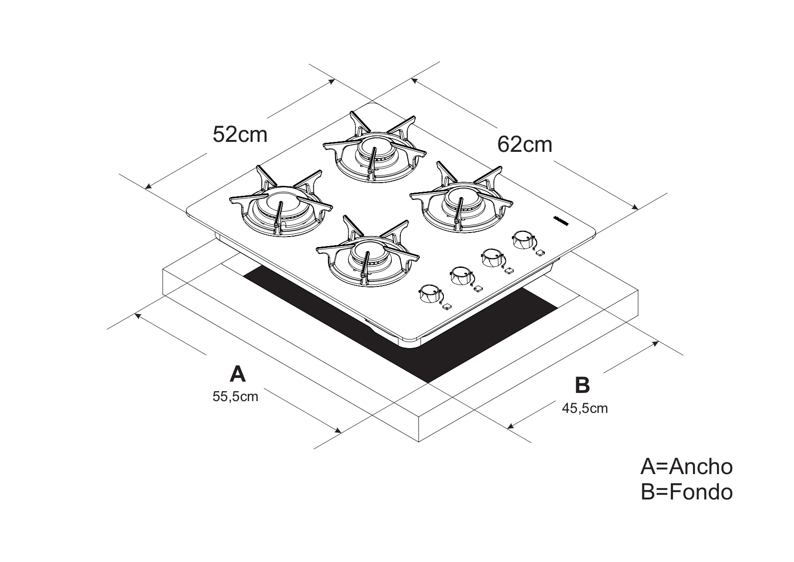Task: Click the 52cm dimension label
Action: (x=240, y=134)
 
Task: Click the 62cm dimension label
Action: (x=525, y=145)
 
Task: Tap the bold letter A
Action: (x=237, y=374)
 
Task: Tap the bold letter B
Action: (x=582, y=385)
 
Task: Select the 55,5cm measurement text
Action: (x=235, y=397)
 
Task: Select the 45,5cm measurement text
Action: (x=585, y=408)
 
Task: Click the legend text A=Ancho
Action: (x=686, y=466)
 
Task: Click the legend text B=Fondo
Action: (x=686, y=492)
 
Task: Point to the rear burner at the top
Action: (x=374, y=152)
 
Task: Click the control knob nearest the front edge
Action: (x=428, y=294)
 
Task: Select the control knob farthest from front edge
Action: (x=524, y=240)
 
